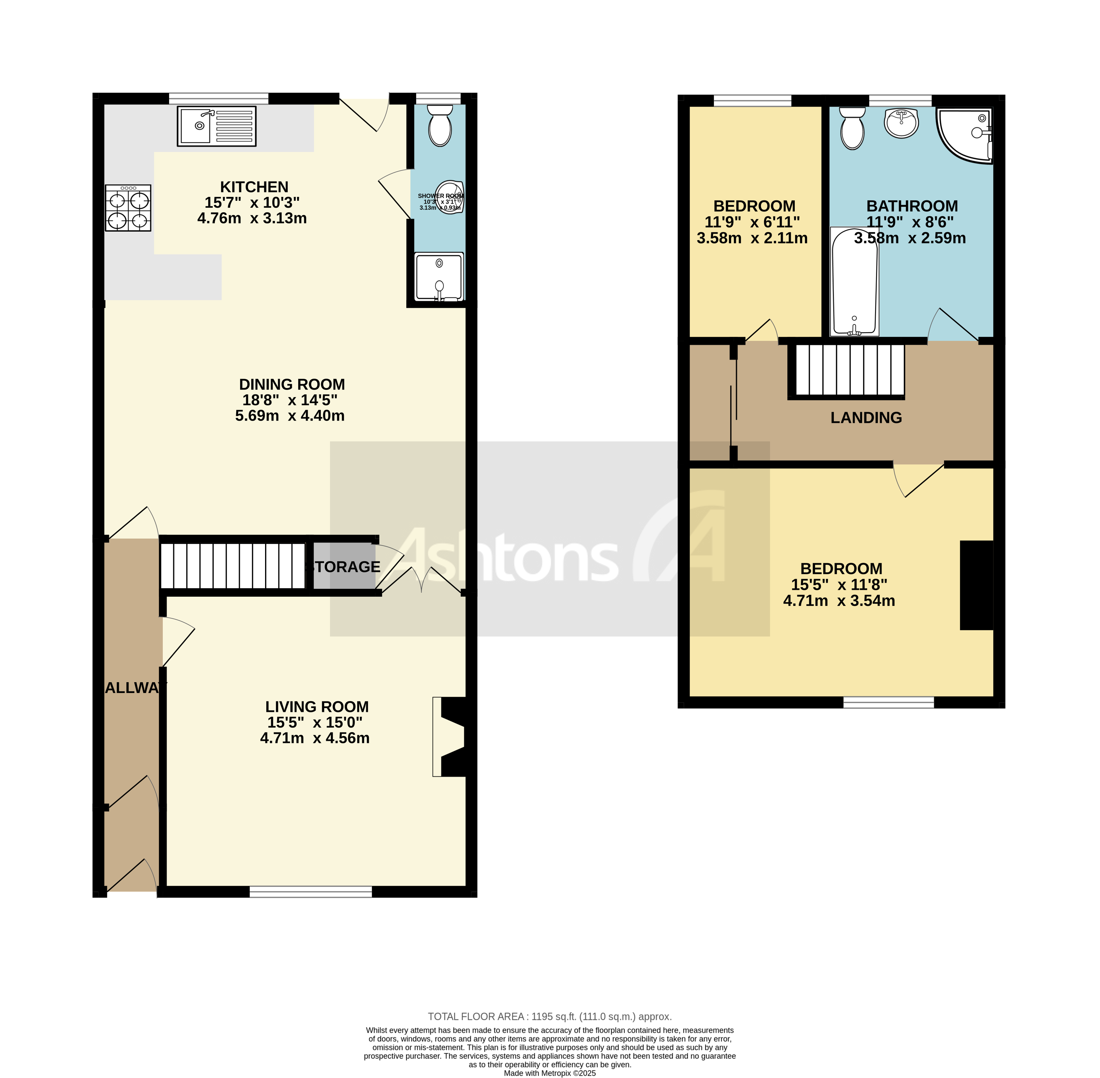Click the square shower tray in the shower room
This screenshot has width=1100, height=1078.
tap(439, 277)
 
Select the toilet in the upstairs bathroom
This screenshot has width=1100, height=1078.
tap(852, 129)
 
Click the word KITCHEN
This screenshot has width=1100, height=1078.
tap(254, 187)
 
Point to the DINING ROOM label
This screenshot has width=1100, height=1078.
tap(292, 384)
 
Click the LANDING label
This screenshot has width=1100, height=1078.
tap(866, 418)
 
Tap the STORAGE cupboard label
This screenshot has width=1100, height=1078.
tap(344, 567)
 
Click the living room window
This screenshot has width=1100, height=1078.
tap(311, 892)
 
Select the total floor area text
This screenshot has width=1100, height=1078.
tap(549, 1016)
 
